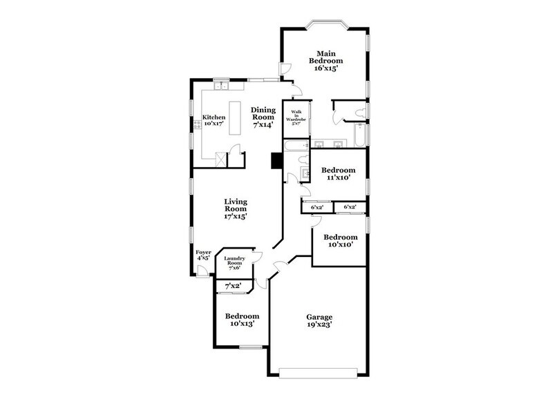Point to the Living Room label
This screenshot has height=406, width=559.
tap(236, 209)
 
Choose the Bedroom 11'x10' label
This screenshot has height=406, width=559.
tap(339, 174)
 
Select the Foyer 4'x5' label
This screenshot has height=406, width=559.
tap(203, 255)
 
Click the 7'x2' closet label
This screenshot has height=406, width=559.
tap(233, 286)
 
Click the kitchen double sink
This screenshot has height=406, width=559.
tap(222, 86)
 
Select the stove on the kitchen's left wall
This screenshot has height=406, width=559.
tap(198, 124)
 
